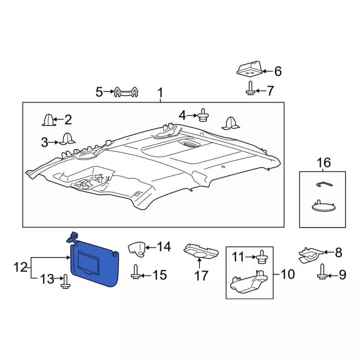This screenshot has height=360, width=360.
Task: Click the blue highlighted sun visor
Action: (94, 263)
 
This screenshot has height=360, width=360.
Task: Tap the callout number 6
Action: (278, 71)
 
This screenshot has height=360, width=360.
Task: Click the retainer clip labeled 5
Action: (126, 92)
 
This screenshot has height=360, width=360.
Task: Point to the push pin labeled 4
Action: (202, 115)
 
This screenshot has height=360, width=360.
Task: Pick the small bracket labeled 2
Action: (49, 120)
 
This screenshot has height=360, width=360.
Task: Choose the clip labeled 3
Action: (67, 139)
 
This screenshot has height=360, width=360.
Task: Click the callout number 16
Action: (324, 163)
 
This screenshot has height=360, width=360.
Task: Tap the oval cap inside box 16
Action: (323, 205)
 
